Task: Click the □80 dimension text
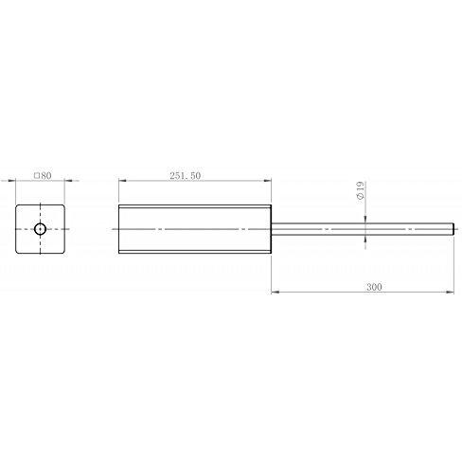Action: pyautogui.click(x=42, y=174)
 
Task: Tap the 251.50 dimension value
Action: pyautogui.click(x=185, y=174)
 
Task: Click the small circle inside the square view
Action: pyautogui.click(x=42, y=229)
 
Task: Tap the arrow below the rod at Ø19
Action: pyautogui.click(x=365, y=239)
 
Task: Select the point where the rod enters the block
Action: pyautogui.click(x=272, y=229)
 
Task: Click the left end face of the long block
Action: pyautogui.click(x=118, y=229)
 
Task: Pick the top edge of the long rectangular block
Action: pyautogui.click(x=194, y=204)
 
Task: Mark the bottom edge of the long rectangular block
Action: pyautogui.click(x=194, y=254)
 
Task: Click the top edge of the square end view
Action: pyautogui.click(x=42, y=204)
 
